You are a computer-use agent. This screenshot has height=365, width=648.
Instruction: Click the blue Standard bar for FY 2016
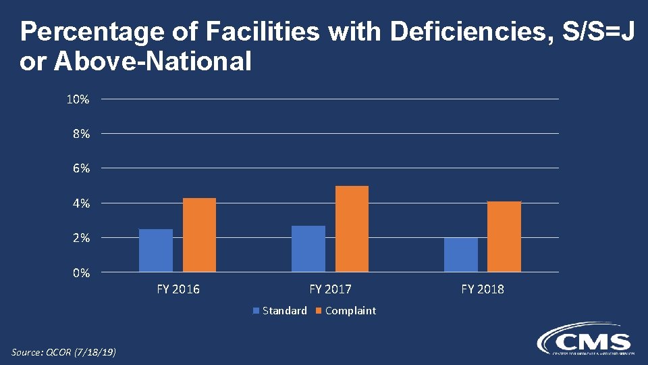156,250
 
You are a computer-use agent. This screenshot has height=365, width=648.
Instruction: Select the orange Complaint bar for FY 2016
199,235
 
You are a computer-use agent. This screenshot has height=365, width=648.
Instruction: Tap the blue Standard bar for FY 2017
308,248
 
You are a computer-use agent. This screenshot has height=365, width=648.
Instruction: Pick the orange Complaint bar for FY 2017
352,228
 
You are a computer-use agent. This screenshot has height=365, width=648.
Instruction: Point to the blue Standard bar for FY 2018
461,255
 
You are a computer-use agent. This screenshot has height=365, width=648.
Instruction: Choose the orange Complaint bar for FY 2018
504,237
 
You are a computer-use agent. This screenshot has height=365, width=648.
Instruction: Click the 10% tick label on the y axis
78,99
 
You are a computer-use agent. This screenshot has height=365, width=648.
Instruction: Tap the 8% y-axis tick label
81,134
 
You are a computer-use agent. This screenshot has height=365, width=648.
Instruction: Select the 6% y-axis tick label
81,168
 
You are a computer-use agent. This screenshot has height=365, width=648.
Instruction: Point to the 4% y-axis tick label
81,203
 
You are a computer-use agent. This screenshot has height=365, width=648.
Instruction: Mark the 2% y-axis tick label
81,238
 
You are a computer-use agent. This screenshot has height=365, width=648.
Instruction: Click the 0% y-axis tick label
81,273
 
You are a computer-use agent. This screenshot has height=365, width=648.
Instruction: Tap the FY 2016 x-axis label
178,289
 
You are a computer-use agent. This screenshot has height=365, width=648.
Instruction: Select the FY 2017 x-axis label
331,289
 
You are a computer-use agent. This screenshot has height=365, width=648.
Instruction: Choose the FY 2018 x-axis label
483,289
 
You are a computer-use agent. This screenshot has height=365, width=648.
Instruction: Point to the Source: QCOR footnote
64,352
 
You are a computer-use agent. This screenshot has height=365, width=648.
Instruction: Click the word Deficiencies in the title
466,32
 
